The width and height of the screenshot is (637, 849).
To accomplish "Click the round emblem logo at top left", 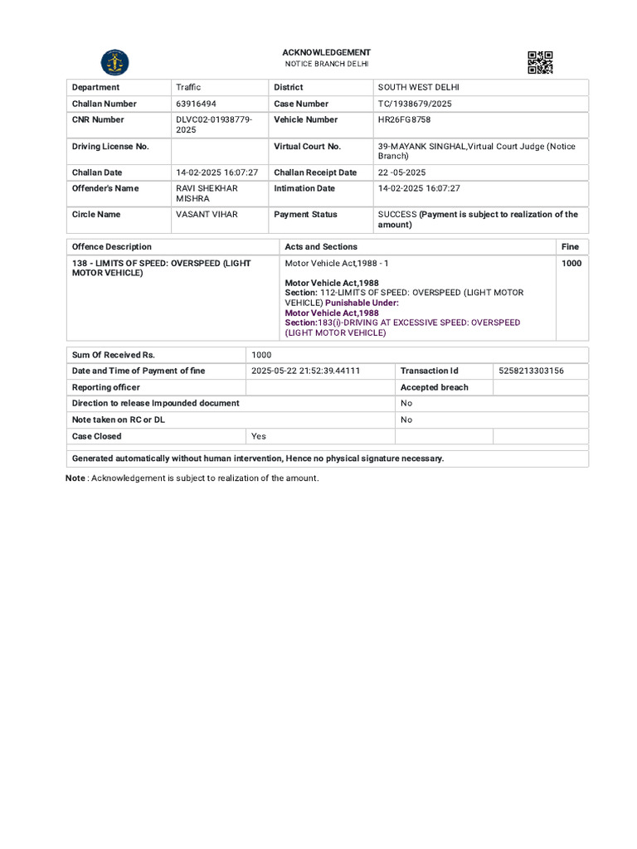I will coord(114,63).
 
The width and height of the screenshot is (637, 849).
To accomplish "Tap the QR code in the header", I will coord(540,63).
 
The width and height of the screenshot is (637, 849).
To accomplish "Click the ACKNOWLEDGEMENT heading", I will coord(326,52).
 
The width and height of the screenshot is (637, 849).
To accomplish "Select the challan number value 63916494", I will coord(197,104).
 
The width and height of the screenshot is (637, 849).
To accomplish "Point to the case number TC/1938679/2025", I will coord(415,104).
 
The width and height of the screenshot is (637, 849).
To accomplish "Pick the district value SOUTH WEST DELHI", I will coord(418,87).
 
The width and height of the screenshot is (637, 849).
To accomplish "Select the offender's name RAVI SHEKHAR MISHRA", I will coord(207,193).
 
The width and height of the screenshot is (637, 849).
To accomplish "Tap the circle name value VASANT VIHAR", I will coord(207,214).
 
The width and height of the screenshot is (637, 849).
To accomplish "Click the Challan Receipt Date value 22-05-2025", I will coord(401,172).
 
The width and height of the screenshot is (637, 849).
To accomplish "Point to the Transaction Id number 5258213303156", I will coord(532,371).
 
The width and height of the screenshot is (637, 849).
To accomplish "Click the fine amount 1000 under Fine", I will coord(571,264).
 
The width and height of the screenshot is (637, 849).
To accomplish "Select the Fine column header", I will coord(570,246).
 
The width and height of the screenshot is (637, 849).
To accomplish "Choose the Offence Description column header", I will coord(112,246).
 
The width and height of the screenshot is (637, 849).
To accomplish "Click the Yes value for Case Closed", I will coord(259,436).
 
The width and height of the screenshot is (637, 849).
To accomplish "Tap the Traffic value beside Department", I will coord(188,87).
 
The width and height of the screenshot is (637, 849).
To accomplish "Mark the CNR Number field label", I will coord(98,119).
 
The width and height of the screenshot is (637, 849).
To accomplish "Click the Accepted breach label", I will coord(434,387).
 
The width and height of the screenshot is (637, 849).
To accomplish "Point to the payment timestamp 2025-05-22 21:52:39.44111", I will coord(305,371).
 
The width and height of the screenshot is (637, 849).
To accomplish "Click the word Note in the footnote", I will coord(75,478).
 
